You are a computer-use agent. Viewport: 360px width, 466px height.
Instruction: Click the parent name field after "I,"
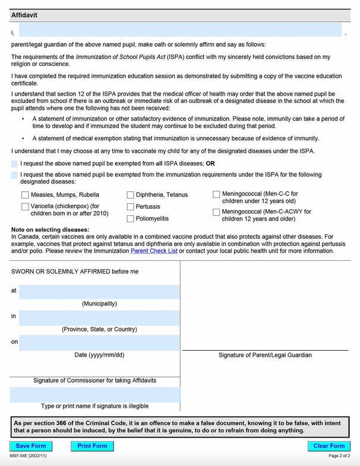[x=181, y=31]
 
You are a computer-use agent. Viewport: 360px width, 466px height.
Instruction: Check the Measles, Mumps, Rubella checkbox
[x=25, y=195]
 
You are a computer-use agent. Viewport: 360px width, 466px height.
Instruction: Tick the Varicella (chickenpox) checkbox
[x=25, y=206]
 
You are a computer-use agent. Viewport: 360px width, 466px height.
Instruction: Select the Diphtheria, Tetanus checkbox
[x=130, y=195]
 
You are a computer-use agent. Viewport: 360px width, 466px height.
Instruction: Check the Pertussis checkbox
[x=130, y=207]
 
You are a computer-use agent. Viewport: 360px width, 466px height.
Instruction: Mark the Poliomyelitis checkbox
[x=130, y=219]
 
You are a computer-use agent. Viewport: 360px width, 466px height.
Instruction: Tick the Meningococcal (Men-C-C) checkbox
[x=216, y=194]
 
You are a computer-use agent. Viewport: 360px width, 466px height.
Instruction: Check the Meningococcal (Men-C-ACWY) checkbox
[x=216, y=212]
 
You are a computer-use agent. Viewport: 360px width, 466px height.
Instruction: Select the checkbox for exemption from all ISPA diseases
[x=14, y=163]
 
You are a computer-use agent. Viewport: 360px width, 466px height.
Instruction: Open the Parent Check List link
[x=154, y=251]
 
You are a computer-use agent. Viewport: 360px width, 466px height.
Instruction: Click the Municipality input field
[x=99, y=291]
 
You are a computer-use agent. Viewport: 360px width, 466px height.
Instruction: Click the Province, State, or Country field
[x=99, y=317]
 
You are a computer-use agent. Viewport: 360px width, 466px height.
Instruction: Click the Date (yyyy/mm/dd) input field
[x=99, y=342]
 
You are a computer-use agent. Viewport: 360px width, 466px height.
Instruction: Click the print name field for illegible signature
[x=94, y=395]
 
